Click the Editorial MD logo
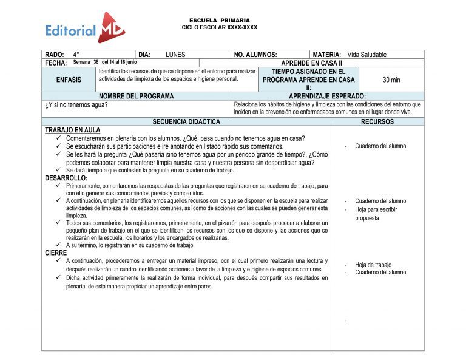(85, 28)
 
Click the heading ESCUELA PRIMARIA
(219, 21)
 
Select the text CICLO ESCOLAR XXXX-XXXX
(219, 27)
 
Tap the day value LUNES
(175, 55)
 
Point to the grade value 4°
(76, 55)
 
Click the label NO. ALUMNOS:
(255, 55)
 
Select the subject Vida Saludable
(366, 55)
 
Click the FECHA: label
(56, 63)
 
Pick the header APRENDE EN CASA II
(311, 63)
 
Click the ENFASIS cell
(69, 80)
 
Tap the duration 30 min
(391, 80)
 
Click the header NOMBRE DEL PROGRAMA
(136, 96)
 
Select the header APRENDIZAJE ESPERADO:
(327, 96)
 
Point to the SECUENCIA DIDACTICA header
(186, 121)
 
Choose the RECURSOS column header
(377, 121)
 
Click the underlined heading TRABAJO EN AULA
(73, 130)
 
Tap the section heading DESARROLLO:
(66, 178)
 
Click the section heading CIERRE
(56, 252)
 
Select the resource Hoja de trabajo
(373, 265)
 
